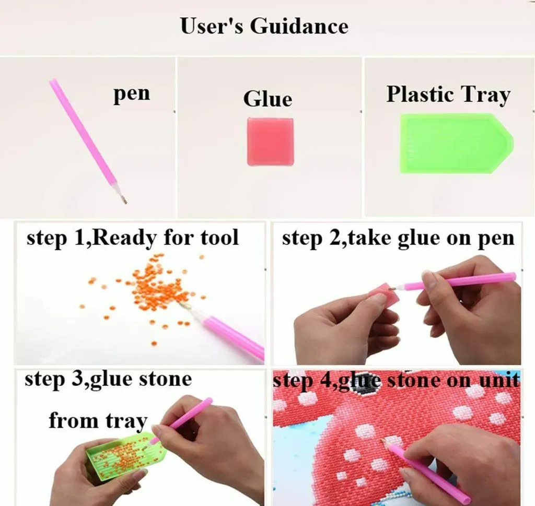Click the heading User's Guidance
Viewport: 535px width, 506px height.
pyautogui.click(x=264, y=26)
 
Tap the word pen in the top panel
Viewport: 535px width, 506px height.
pyautogui.click(x=131, y=94)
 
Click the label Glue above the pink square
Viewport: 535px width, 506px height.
pyautogui.click(x=268, y=99)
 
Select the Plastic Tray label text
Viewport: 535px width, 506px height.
pyautogui.click(x=448, y=95)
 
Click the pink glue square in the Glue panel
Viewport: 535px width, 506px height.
pyautogui.click(x=270, y=142)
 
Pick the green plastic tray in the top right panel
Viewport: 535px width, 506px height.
pyautogui.click(x=457, y=144)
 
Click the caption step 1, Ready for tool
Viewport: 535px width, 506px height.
pyautogui.click(x=132, y=238)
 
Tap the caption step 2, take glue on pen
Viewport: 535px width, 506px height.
pyautogui.click(x=398, y=238)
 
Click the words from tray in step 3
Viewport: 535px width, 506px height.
pyautogui.click(x=98, y=421)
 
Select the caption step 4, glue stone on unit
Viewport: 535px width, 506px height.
pyautogui.click(x=397, y=380)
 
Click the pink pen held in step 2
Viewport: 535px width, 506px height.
pyautogui.click(x=454, y=282)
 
